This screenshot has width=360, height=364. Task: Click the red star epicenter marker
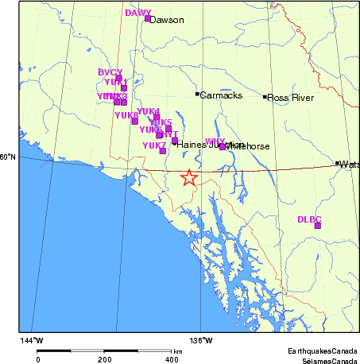tap(189, 178)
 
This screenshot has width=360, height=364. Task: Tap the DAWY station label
tap(137, 13)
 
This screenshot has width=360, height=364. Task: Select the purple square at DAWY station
tap(148, 18)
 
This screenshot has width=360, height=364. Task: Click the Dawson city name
tap(167, 20)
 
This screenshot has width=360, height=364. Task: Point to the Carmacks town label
tap(220, 95)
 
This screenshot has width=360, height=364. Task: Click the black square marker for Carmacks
tap(197, 94)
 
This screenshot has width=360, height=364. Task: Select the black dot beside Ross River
tap(265, 97)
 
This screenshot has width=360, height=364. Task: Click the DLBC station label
tap(309, 219)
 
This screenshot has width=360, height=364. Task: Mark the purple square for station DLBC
tap(318, 226)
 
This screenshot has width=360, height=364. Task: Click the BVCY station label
tap(110, 72)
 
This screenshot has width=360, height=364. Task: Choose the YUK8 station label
tap(126, 115)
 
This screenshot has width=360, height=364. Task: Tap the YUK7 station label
tap(154, 145)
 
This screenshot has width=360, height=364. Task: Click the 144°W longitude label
tap(32, 341)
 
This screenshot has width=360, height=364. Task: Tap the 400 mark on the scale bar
tap(171, 359)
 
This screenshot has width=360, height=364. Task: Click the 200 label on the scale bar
tap(105, 359)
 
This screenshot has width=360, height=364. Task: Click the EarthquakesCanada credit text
tap(322, 350)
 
